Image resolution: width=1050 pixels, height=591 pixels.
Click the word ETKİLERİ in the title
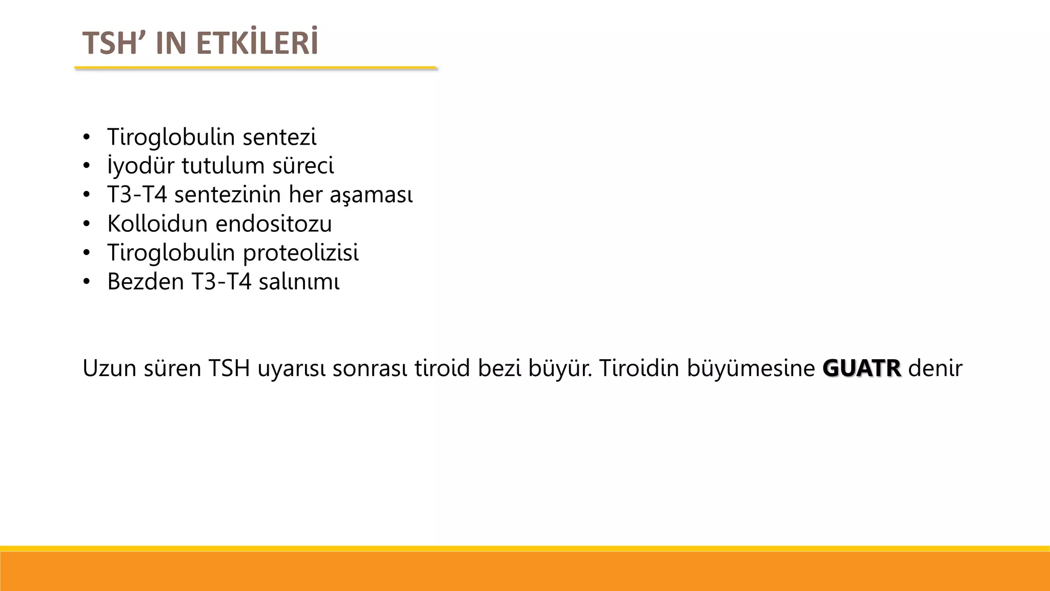(257, 43)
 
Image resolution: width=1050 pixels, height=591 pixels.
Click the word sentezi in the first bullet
(279, 137)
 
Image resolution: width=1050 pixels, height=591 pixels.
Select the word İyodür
(141, 166)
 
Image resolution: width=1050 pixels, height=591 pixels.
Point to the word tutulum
(223, 166)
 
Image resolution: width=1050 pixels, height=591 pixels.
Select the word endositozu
(274, 224)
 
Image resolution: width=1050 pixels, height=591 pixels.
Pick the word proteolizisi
(300, 252)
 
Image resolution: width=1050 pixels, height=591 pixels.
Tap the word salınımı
(299, 282)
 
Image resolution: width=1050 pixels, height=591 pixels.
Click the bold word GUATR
(861, 368)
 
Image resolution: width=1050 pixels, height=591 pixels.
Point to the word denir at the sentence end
(935, 368)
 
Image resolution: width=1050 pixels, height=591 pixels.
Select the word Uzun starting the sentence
(109, 368)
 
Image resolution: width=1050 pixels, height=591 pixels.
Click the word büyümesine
(751, 368)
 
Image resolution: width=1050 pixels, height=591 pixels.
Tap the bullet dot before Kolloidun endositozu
(87, 224)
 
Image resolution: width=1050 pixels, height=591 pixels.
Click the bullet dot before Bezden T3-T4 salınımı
(87, 282)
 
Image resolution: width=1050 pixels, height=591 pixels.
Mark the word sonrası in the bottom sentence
(370, 368)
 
